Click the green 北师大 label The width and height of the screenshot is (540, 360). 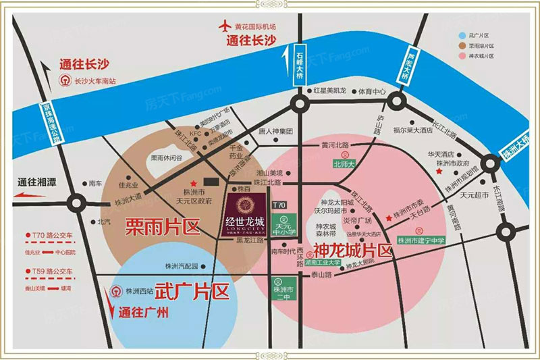pyautogui.click(x=344, y=163)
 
